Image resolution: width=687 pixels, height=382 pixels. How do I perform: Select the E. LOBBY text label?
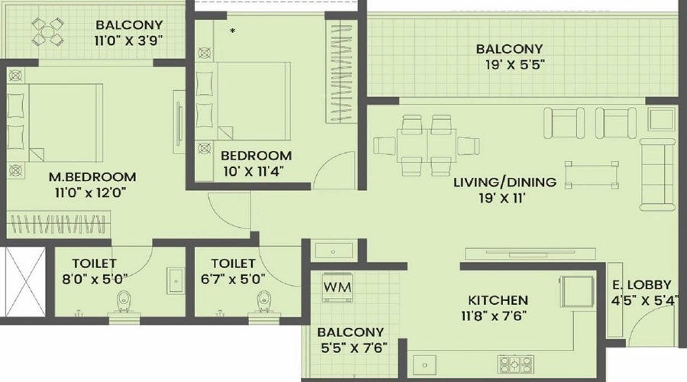click(643, 285)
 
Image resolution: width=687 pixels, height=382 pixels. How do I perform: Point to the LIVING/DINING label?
click(504, 183)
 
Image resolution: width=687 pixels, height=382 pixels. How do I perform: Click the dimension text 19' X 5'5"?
click(509, 65)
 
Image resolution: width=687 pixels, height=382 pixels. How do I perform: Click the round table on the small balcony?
click(48, 33)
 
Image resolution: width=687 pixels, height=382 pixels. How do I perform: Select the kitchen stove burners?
click(517, 362)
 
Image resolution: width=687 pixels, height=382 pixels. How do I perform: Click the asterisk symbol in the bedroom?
click(232, 31)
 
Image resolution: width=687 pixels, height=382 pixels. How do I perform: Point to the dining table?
click(427, 144)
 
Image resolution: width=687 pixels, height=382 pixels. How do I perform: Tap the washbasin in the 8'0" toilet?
click(175, 280)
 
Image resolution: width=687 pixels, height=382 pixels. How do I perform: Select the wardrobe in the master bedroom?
click(60, 225)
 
